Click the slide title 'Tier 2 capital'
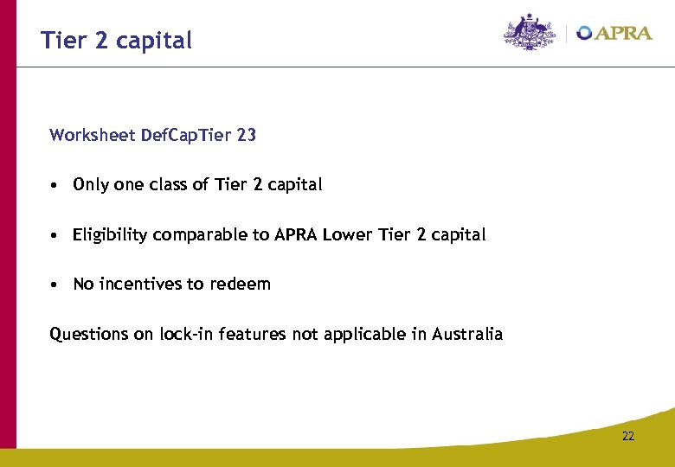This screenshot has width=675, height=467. coord(116,40)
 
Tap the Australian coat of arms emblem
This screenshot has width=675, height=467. coord(530,32)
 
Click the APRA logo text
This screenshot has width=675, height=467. coord(623,33)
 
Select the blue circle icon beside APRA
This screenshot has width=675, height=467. coord(585,33)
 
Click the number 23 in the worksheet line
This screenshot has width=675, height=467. coord(247,135)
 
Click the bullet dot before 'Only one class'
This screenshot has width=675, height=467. coord(54,185)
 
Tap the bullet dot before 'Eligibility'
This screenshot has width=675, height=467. coord(54,235)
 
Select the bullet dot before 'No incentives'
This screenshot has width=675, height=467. coord(54,285)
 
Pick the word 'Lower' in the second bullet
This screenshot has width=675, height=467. coord(345,234)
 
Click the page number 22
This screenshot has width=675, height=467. coord(627,436)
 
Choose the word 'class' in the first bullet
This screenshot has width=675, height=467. coord(173,184)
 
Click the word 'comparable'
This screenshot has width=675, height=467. coord(196,235)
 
